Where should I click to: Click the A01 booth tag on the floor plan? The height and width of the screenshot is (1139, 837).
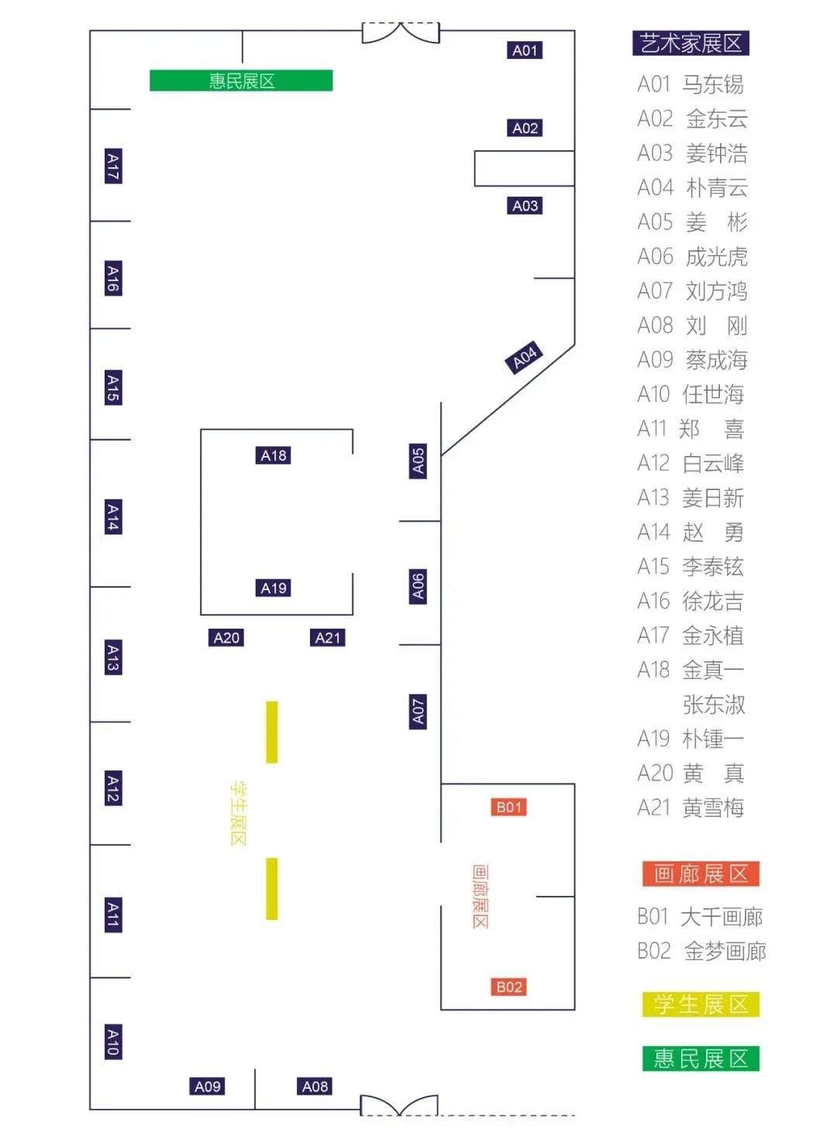(x=524, y=50)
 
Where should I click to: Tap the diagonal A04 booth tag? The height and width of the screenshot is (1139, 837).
(x=524, y=357)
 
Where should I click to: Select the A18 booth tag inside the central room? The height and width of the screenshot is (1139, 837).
(x=274, y=455)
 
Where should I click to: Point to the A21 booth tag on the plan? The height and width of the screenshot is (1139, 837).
(x=327, y=637)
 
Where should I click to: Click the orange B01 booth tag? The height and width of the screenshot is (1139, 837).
(x=508, y=807)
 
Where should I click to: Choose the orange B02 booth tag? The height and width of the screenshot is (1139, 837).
(x=508, y=987)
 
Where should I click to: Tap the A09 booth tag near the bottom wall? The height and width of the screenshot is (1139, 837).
(x=207, y=1086)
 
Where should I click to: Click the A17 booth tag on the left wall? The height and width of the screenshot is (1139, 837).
(x=113, y=166)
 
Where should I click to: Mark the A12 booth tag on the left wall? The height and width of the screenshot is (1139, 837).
(x=113, y=789)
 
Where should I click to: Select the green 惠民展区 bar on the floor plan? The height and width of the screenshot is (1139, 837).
(x=241, y=81)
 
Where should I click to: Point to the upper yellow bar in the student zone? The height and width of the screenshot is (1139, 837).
(x=272, y=732)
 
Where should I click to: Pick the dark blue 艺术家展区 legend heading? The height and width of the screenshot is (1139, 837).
(x=691, y=43)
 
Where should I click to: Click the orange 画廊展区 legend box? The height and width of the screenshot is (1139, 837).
(x=701, y=874)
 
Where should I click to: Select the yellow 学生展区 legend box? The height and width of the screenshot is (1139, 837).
(x=701, y=1004)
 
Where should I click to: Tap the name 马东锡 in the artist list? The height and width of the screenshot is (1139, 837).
(x=713, y=84)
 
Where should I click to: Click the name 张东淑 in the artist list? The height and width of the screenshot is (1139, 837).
(x=714, y=705)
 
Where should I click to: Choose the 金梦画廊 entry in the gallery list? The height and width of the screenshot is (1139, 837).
(x=725, y=951)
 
